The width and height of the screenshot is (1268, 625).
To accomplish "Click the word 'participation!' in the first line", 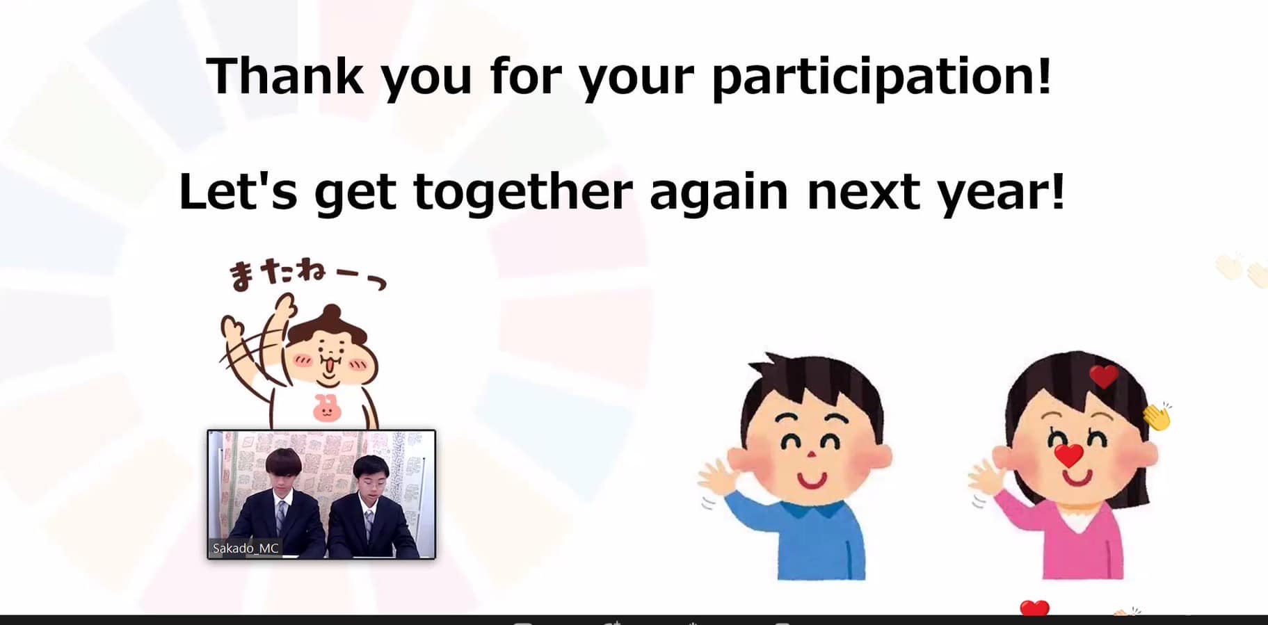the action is tap(881, 76).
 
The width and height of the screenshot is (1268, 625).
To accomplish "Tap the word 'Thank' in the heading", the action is tap(284, 74).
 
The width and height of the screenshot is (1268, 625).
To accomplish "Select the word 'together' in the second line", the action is tap(523, 192).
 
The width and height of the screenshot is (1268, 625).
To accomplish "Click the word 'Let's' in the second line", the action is tap(238, 190).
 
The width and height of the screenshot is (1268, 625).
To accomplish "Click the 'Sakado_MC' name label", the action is tap(245, 548).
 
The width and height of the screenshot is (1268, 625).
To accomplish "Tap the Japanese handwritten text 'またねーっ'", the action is tap(307, 274).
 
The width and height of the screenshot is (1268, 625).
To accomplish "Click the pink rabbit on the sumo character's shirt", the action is tap(326, 407).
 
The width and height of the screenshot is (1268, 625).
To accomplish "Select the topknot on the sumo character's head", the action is tap(332, 316).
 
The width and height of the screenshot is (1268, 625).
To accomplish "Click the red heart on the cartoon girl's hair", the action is tap(1103, 376).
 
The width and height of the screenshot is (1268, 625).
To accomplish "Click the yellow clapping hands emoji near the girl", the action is tap(1157, 416).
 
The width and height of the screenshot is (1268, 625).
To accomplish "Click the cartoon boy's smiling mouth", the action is tap(811, 480).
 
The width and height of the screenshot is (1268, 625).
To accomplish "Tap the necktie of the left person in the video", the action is tap(281, 517).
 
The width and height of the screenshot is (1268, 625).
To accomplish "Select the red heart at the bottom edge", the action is tap(1034, 608).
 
